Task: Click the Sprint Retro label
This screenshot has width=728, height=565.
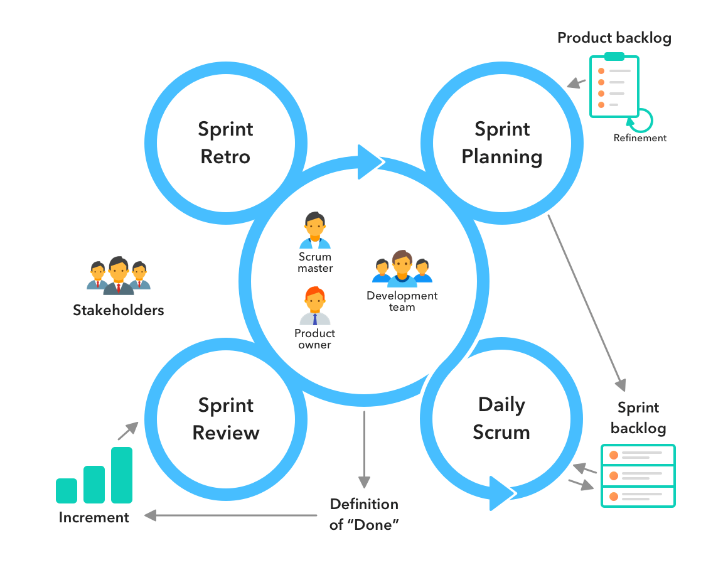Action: (226, 143)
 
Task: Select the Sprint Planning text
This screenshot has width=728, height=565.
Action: (501, 143)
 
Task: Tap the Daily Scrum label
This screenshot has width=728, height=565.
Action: (501, 418)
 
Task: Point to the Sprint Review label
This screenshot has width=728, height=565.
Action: (226, 419)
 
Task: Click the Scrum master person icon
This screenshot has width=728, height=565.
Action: (314, 230)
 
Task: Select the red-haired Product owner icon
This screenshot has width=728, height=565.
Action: (314, 306)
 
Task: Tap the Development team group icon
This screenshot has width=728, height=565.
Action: (402, 269)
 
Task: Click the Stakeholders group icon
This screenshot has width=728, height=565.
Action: (118, 276)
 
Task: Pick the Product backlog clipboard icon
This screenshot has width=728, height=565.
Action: (613, 86)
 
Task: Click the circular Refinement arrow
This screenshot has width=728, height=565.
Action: (644, 119)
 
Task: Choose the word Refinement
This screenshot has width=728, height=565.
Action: (640, 138)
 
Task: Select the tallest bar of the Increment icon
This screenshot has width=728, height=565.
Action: (122, 475)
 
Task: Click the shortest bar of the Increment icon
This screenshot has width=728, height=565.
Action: (67, 490)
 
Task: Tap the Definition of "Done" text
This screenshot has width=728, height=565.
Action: (364, 514)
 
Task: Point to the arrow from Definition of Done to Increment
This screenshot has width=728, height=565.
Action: (232, 515)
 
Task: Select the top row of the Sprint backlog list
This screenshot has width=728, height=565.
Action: (638, 455)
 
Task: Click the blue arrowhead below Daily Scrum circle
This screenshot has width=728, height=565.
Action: (502, 493)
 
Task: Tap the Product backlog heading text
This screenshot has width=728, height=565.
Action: (614, 38)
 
